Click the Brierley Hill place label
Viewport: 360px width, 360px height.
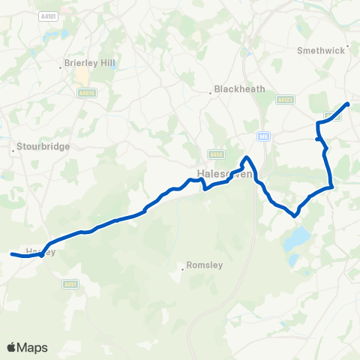[91, 64]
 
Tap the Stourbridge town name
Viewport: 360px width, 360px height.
[44, 147]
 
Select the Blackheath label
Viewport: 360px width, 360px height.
[240, 88]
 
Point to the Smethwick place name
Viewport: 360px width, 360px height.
[320, 51]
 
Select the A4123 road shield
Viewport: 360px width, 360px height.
[283, 99]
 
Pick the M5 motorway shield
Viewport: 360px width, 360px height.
[262, 136]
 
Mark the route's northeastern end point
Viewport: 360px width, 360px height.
[347, 104]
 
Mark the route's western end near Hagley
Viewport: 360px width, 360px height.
[12, 255]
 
